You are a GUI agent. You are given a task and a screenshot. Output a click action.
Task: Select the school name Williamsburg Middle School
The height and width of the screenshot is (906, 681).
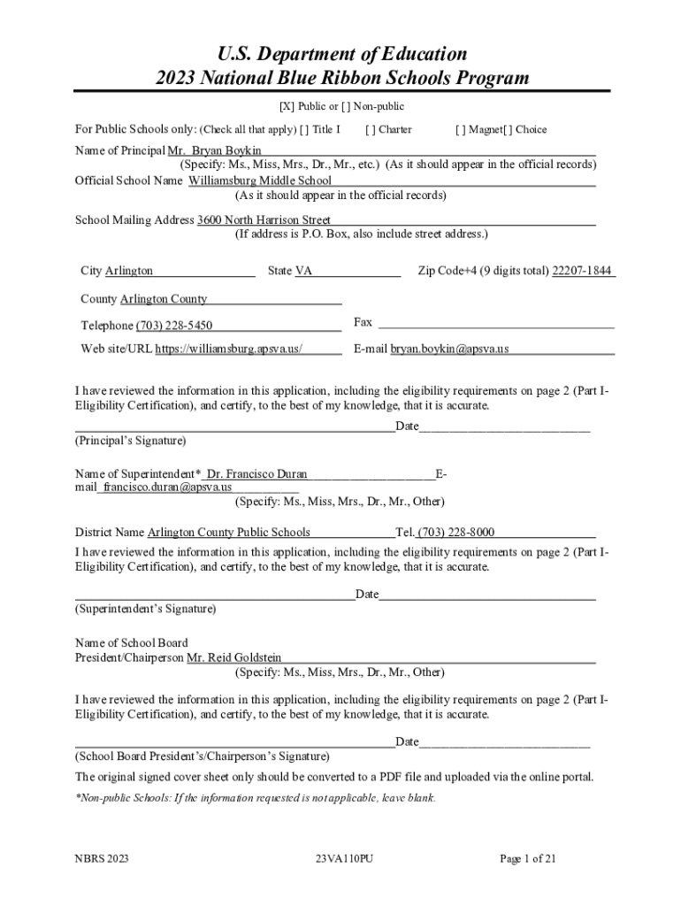coord(260,180)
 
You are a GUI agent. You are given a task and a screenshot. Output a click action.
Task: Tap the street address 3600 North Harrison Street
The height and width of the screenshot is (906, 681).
coord(264,219)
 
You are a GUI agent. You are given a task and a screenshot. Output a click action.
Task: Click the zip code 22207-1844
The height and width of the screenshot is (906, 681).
coord(582,271)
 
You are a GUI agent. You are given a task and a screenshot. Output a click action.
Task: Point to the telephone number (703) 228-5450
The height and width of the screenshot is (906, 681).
coord(173,326)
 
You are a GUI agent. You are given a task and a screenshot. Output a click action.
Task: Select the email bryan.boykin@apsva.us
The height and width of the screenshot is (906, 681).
coord(449,349)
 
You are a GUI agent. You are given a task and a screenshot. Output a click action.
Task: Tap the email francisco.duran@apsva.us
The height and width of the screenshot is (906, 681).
coord(167,487)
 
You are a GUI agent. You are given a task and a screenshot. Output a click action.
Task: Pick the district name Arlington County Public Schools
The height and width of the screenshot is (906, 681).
coord(228,532)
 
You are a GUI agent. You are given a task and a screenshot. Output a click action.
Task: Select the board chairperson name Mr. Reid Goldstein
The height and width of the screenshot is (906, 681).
coord(234,657)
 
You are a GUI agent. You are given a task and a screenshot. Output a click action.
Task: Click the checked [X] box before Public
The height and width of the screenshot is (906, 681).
coord(287,106)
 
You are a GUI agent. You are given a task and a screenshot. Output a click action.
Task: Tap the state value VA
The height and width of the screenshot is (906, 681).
coord(303,271)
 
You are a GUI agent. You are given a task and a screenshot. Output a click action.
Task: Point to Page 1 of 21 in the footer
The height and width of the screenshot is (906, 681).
coord(528,857)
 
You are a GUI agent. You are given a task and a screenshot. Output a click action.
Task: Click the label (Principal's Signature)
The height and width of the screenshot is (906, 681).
coord(130,440)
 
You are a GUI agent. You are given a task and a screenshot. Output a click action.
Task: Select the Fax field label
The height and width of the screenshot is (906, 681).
coord(363,322)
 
